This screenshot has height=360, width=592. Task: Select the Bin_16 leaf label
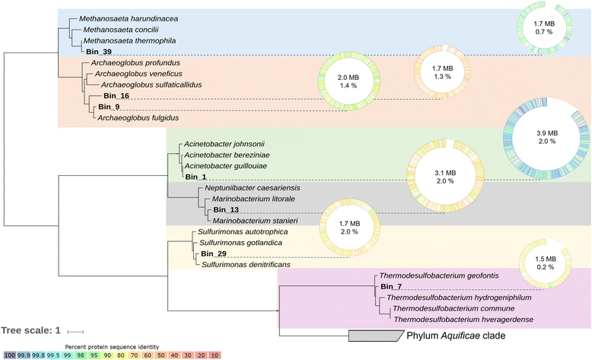(116, 97)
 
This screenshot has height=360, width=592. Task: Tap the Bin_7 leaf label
(390, 286)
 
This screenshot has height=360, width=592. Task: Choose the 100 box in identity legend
(10, 354)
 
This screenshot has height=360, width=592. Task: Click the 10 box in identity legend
(194, 354)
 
